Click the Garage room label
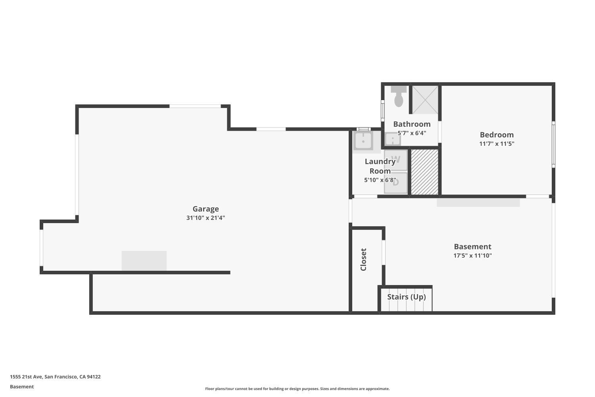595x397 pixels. pos(205,209)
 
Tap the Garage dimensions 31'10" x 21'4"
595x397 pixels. pos(205,218)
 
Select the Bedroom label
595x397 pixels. pos(497,135)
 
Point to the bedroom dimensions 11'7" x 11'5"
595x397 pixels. pos(497,144)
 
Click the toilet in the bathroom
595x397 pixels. pos(399,96)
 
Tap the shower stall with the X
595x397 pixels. pos(425,100)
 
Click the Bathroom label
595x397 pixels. pos(412,124)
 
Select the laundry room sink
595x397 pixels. pos(363,141)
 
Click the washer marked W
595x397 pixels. pos(396,160)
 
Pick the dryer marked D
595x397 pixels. pos(396,183)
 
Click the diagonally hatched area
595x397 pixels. pos(425,172)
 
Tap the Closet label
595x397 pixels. pos(363,260)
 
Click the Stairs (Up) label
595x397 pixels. pos(407,297)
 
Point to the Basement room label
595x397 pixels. pos(472,247)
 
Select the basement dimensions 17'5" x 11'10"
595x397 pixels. pos(472,256)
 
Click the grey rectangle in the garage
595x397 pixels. pos(144,260)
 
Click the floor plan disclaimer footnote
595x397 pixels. pos(297,389)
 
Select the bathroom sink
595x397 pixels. pos(393,139)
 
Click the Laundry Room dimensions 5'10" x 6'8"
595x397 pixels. pos(380,180)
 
